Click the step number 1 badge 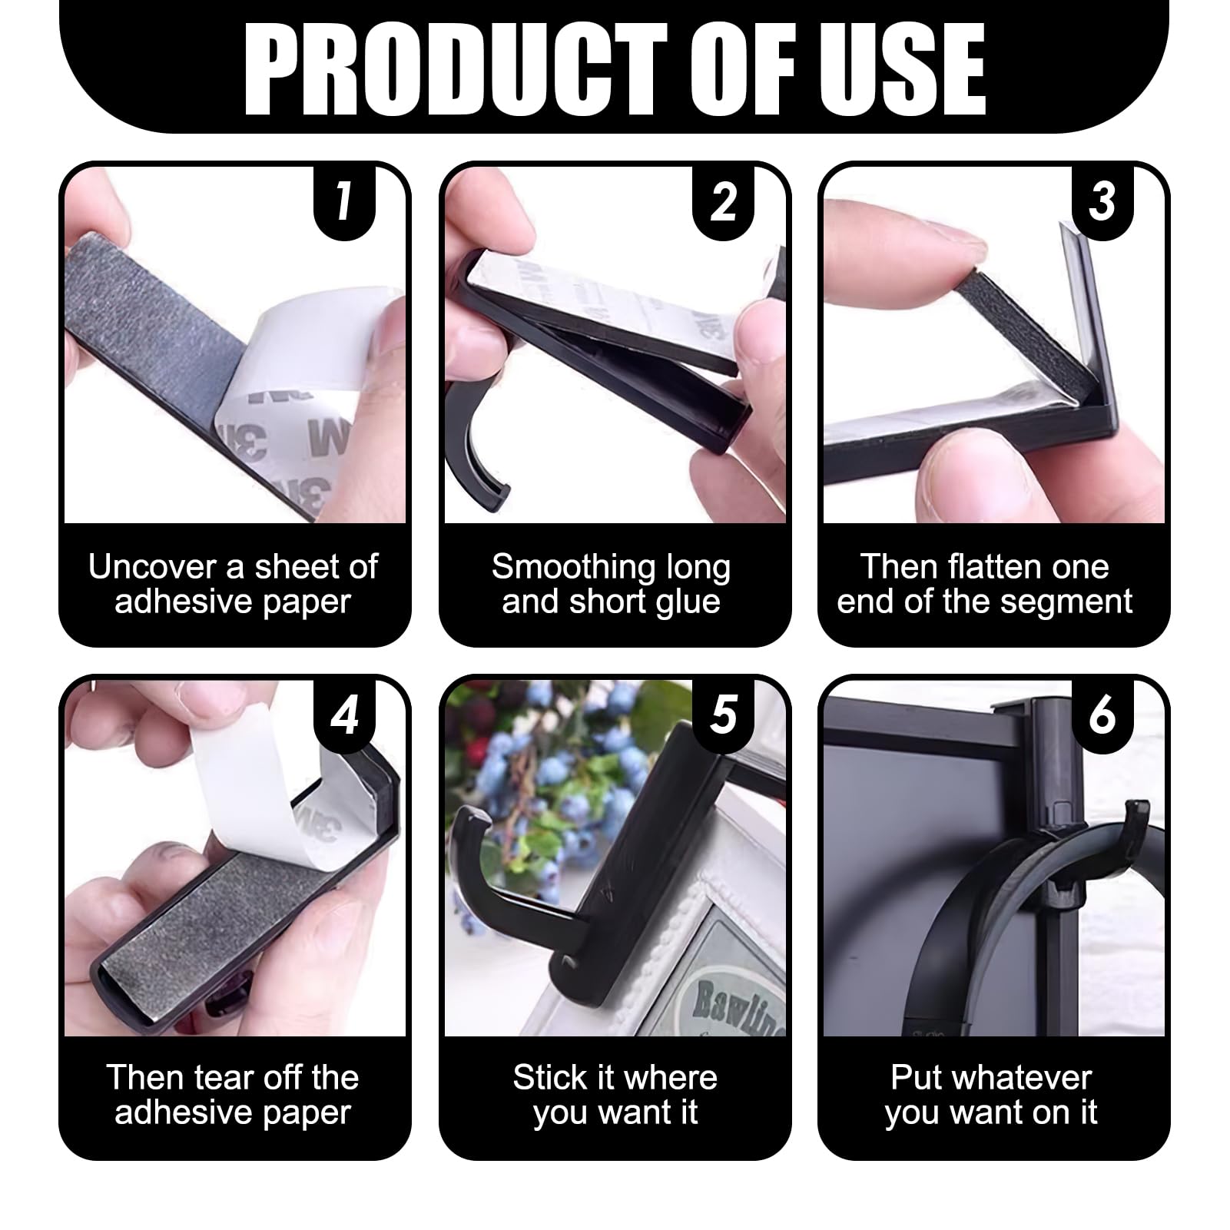[x=344, y=202]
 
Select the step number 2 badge [x=724, y=202]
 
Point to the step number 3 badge [x=1102, y=202]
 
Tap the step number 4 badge [x=344, y=715]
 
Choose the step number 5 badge [x=724, y=715]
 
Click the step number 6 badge [x=1102, y=715]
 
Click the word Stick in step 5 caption [x=544, y=1078]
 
